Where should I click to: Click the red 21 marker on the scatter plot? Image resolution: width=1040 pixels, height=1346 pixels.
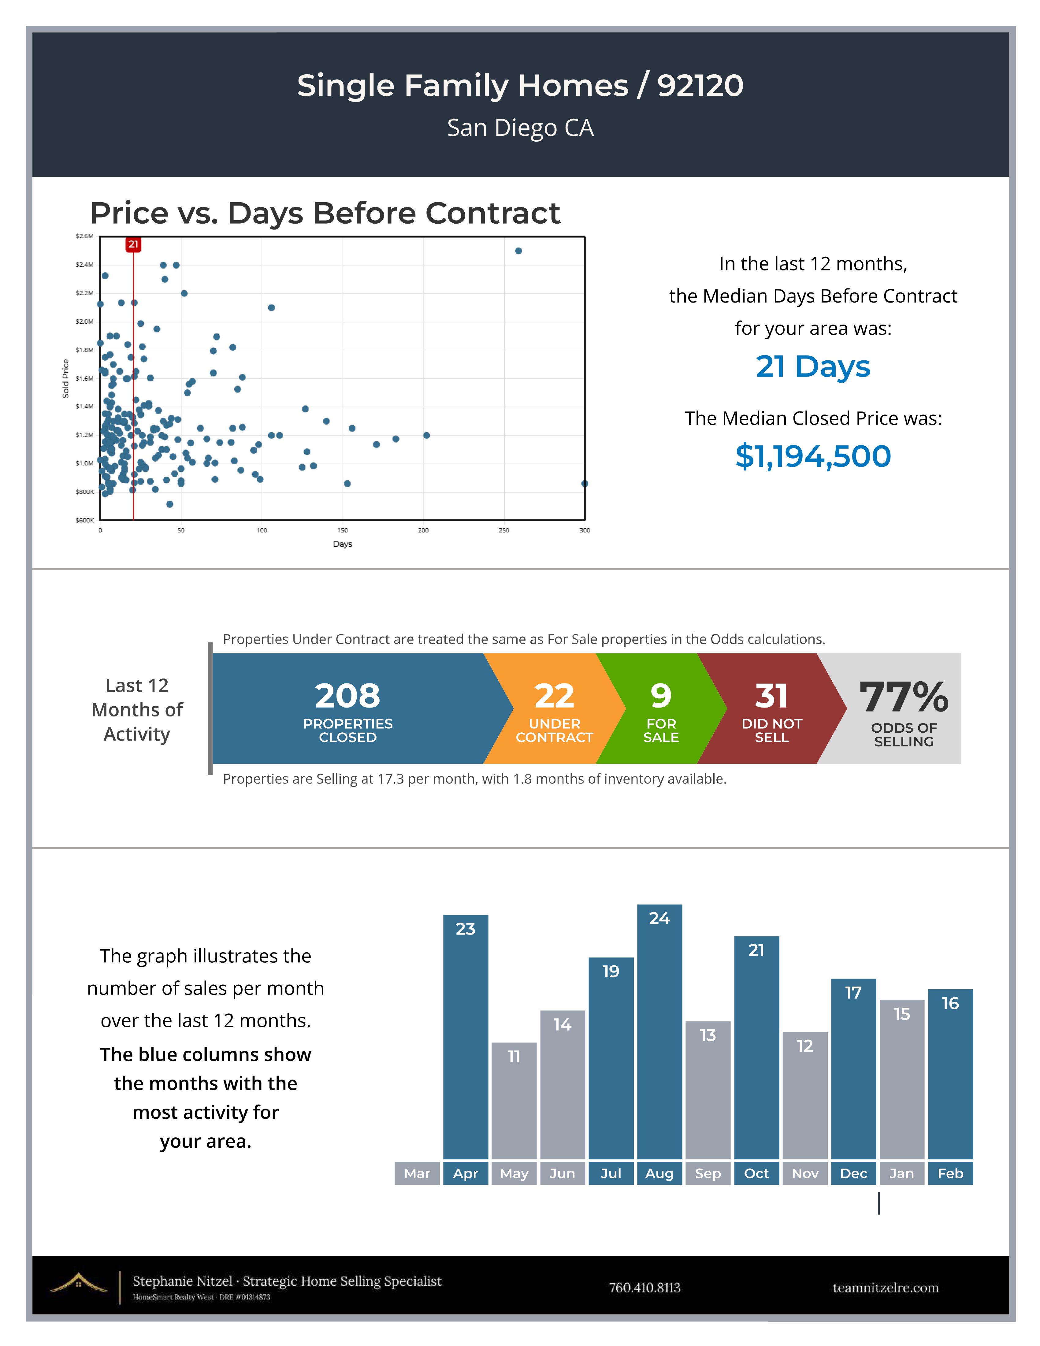pyautogui.click(x=133, y=245)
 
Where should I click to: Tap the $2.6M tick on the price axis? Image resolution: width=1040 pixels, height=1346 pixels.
pyautogui.click(x=84, y=236)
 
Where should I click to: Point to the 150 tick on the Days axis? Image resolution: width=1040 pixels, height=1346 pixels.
pyautogui.click(x=343, y=530)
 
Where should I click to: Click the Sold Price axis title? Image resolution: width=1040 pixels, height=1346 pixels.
pyautogui.click(x=65, y=378)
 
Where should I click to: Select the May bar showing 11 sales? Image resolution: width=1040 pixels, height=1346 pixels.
pyautogui.click(x=514, y=1101)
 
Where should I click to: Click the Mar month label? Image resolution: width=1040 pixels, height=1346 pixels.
pyautogui.click(x=417, y=1173)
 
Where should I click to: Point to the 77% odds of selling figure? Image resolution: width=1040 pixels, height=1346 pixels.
pyautogui.click(x=904, y=697)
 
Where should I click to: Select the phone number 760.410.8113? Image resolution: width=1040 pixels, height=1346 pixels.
pyautogui.click(x=644, y=1288)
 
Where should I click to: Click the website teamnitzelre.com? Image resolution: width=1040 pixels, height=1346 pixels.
pyautogui.click(x=885, y=1288)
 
